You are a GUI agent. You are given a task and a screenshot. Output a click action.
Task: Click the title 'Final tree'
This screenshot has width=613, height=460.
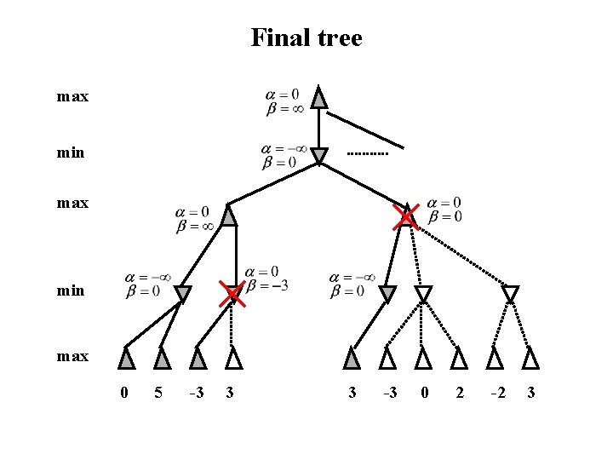[306, 38]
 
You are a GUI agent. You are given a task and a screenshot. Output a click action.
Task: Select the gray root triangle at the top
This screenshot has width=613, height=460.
[318, 98]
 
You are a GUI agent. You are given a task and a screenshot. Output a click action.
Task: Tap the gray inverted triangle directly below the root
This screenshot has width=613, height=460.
[318, 157]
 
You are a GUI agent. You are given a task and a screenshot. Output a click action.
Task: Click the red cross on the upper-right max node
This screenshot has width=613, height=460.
[406, 217]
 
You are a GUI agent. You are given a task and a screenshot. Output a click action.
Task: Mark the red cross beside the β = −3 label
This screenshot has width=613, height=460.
[231, 295]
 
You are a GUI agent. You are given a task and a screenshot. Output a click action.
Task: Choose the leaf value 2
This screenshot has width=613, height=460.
[460, 393]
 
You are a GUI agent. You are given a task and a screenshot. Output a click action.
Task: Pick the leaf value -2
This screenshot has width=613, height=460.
[498, 393]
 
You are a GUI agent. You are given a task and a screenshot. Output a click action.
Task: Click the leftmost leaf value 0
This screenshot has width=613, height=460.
[124, 393]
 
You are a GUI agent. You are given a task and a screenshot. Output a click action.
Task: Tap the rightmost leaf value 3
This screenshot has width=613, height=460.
[531, 393]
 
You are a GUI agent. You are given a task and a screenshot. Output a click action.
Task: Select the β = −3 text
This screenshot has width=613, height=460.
[266, 285]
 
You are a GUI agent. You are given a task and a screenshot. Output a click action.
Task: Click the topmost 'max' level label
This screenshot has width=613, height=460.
[72, 97]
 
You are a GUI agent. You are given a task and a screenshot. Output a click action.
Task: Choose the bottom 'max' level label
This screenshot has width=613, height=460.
[72, 356]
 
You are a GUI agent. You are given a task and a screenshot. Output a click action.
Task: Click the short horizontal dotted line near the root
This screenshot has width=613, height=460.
[368, 154]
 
